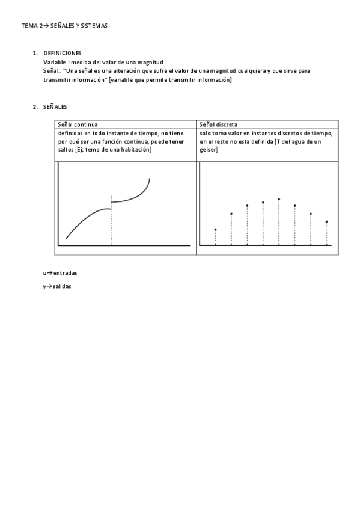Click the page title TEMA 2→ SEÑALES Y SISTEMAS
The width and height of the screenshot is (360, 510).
(64, 26)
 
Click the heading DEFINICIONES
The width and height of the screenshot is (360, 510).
(63, 54)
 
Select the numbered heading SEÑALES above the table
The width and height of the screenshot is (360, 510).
(55, 107)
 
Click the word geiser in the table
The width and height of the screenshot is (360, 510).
(209, 149)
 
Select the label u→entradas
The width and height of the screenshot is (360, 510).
(60, 273)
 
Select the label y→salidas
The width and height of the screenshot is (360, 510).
(57, 287)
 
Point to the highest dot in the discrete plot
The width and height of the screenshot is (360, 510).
(279, 199)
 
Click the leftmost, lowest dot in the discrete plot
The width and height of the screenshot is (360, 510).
(215, 230)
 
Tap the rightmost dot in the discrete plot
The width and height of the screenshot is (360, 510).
(326, 222)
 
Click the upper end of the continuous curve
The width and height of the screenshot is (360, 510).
(149, 179)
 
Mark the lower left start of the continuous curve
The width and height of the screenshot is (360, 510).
(66, 239)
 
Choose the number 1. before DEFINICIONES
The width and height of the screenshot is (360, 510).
(35, 54)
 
